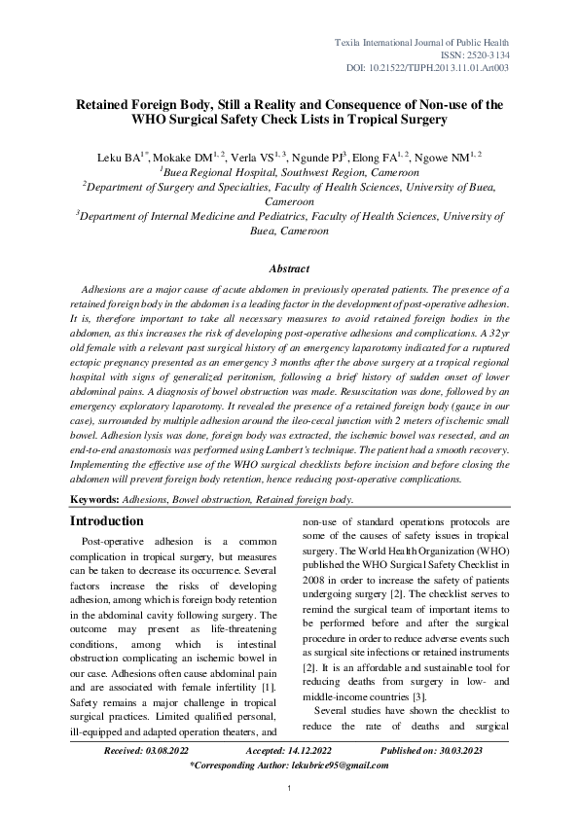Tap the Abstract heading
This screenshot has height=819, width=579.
click(289, 268)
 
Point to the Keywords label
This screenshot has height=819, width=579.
click(95, 498)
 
